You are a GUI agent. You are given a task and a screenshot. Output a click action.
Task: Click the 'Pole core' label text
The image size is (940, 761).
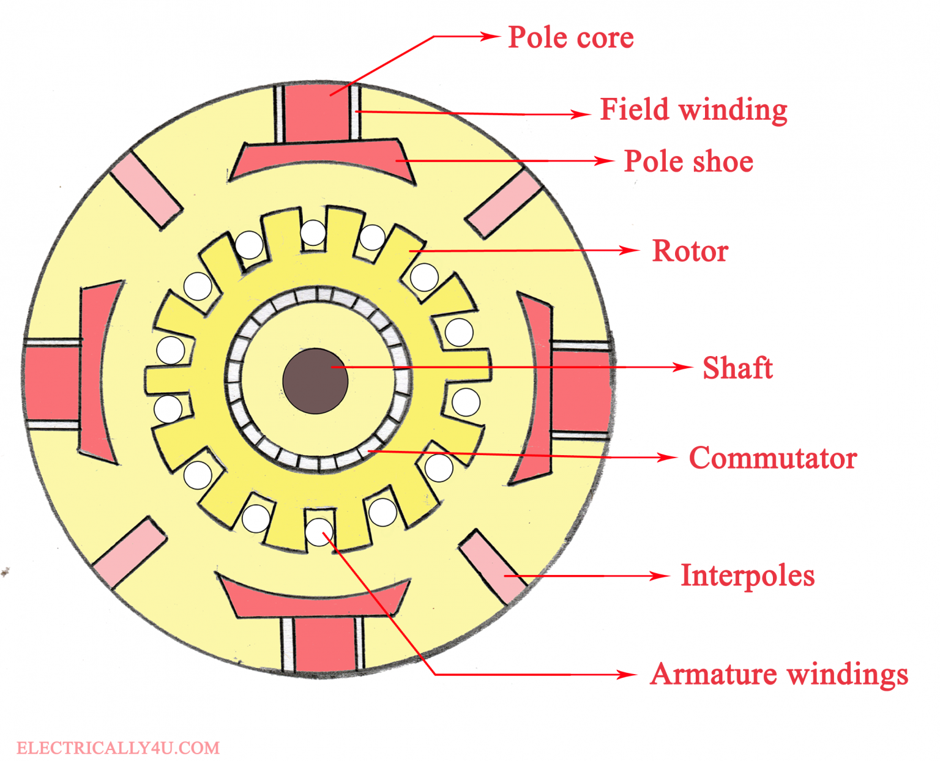(570, 38)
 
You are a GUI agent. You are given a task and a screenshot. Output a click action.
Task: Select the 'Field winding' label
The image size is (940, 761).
(693, 110)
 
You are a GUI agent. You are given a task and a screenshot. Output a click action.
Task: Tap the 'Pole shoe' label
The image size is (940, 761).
(688, 162)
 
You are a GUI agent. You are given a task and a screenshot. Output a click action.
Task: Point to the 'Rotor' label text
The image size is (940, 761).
(690, 251)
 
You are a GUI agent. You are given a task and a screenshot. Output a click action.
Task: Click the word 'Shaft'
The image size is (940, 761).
(737, 368)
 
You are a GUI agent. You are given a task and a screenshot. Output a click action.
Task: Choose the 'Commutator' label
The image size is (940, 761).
(772, 458)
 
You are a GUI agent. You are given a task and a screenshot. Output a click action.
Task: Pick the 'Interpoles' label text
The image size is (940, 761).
(747, 576)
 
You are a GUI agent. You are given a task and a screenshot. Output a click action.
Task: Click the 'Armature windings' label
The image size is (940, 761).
(778, 675)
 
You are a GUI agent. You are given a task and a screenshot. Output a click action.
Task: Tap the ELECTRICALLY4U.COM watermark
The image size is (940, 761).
(117, 748)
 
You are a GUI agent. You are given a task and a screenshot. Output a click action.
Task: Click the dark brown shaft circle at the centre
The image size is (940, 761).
(315, 381)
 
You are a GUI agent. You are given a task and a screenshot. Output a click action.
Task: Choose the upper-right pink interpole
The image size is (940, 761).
(504, 204)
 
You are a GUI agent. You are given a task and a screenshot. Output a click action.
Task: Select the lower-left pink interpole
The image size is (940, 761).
(130, 552)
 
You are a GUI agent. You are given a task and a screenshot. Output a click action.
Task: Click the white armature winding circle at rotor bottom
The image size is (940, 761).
(319, 532)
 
